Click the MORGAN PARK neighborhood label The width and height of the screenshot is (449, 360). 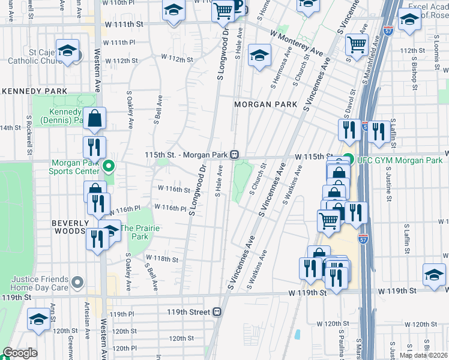click(265, 104)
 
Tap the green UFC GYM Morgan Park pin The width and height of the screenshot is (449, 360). click(348, 160)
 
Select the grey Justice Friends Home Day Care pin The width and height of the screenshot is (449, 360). click(77, 281)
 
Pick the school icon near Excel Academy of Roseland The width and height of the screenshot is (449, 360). click(409, 21)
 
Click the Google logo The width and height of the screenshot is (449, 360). click(20, 353)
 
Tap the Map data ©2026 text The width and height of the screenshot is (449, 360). click(424, 355)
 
